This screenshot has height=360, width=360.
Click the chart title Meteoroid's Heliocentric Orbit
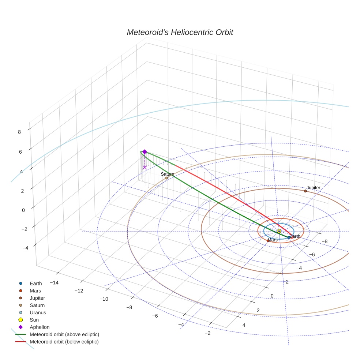[x=180, y=33]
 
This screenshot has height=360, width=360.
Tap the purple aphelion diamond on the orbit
[x=145, y=152]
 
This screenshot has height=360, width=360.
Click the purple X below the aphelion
[x=145, y=167]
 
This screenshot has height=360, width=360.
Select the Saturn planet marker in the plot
[x=166, y=178]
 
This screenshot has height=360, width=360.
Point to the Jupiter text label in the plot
[x=313, y=188]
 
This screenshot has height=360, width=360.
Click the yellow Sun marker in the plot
[x=279, y=231]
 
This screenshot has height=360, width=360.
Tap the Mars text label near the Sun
[x=273, y=240]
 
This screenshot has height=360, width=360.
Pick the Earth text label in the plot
[x=295, y=236]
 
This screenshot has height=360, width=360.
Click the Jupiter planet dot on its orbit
[x=305, y=191]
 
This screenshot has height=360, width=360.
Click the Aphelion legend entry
[x=40, y=327]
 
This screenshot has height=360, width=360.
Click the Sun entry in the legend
[x=34, y=320]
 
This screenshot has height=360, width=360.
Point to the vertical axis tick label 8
[x=19, y=132]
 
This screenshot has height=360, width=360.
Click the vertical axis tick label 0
[x=23, y=210]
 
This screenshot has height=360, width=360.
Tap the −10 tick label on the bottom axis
[x=105, y=299]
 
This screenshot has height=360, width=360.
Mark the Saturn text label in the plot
[x=168, y=174]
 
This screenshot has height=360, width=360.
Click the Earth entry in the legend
[x=36, y=284]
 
